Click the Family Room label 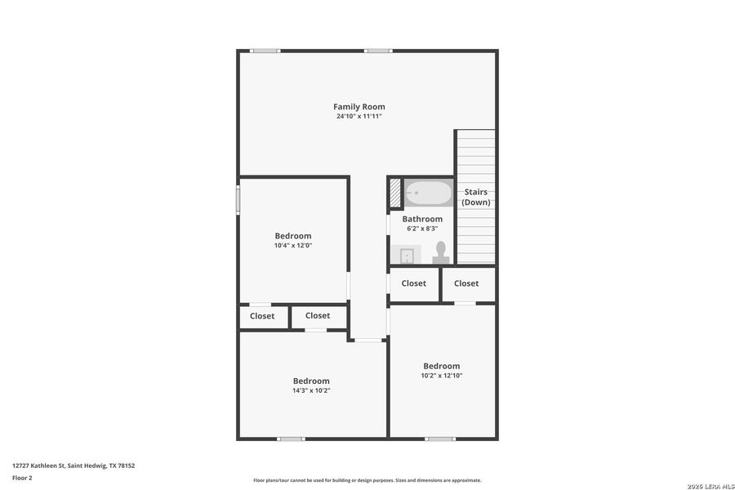[x=359, y=107]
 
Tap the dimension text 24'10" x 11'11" [x=359, y=117]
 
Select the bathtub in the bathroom [x=429, y=194]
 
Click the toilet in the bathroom [x=441, y=252]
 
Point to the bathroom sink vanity [x=404, y=255]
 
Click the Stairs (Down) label [x=475, y=197]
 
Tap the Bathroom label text [x=422, y=219]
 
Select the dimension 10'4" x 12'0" [x=293, y=245]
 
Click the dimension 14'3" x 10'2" [x=311, y=390]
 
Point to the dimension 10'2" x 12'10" [x=441, y=376]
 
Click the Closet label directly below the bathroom [x=414, y=283]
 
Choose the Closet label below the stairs [x=466, y=283]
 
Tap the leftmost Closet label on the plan [x=262, y=316]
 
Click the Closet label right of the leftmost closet [x=318, y=315]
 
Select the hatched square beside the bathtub [x=395, y=194]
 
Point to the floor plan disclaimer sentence [x=367, y=480]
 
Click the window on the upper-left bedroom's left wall [x=238, y=199]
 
